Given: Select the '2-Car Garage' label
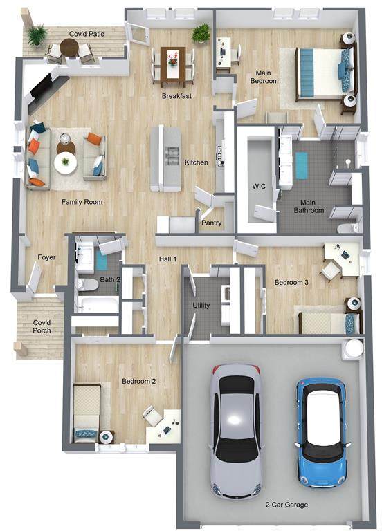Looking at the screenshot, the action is click(x=286, y=505).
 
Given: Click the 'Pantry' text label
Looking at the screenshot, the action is click(x=212, y=223).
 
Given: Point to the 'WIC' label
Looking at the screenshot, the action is click(x=259, y=186).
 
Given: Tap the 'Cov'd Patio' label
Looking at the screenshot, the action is click(x=87, y=34).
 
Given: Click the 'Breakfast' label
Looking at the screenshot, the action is click(x=176, y=96).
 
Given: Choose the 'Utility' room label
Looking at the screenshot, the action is click(x=201, y=305).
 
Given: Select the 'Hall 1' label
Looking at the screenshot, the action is click(x=167, y=259).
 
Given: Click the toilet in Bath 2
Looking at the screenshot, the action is click(x=87, y=285).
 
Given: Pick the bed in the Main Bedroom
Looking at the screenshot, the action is click(x=326, y=74).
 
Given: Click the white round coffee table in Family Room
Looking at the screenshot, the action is click(x=66, y=163).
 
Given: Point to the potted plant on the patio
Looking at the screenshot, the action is click(x=37, y=35).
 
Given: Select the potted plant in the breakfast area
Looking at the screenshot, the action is click(x=201, y=32).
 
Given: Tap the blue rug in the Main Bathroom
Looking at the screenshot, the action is click(x=301, y=166).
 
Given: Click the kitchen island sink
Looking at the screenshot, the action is click(x=172, y=156).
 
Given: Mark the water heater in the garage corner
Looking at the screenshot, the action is click(x=353, y=348).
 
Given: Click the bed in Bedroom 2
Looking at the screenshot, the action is click(x=87, y=413).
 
